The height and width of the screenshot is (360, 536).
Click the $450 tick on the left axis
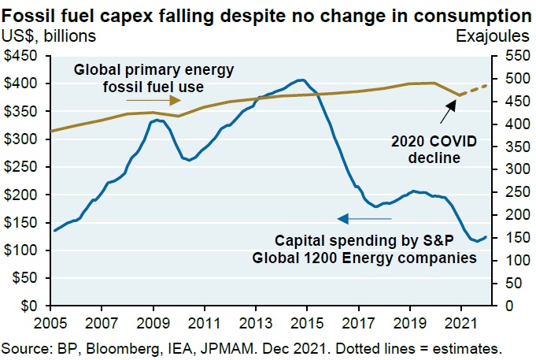point(24,56)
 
